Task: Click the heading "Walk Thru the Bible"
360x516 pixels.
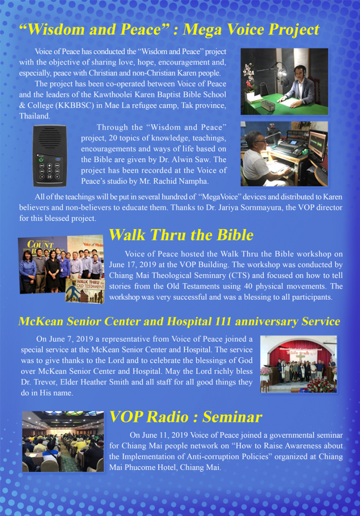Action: click(x=181, y=235)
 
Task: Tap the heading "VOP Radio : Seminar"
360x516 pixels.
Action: click(x=186, y=417)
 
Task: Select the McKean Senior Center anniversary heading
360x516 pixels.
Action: click(x=179, y=321)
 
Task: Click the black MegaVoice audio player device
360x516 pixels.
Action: click(x=49, y=156)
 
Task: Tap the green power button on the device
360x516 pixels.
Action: click(x=41, y=160)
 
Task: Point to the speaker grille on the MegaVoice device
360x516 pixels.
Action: click(x=50, y=137)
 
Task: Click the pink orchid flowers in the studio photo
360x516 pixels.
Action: click(x=250, y=77)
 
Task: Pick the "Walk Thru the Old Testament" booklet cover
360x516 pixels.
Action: click(x=85, y=291)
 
